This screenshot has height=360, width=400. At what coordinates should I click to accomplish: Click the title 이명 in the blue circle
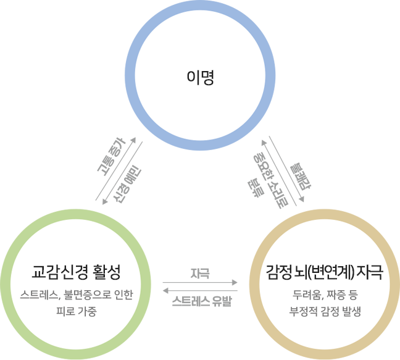tap(200, 77)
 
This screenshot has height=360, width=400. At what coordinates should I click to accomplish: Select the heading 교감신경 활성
tap(76, 273)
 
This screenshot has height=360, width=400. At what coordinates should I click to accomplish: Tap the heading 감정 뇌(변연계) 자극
tap(325, 273)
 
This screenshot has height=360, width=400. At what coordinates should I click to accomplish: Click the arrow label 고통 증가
tap(112, 157)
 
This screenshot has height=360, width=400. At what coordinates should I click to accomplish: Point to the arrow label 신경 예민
tap(127, 185)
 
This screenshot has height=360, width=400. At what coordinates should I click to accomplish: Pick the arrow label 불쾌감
tap(300, 177)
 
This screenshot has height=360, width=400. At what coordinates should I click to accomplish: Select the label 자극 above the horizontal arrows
tap(200, 274)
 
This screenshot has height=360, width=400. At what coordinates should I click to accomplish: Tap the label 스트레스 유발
tap(201, 301)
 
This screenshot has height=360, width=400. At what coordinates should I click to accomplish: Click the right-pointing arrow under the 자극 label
tap(200, 282)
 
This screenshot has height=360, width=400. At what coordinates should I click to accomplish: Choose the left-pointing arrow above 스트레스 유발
tap(200, 290)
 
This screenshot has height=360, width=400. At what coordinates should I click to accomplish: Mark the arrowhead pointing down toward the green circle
tap(104, 202)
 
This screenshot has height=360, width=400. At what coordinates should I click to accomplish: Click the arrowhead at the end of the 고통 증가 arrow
tap(133, 140)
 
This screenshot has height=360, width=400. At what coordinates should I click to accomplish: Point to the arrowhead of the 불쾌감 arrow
tap(302, 199)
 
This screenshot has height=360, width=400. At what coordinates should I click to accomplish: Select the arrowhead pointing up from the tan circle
tap(264, 143)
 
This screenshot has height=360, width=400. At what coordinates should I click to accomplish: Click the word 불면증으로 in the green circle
tap(87, 295)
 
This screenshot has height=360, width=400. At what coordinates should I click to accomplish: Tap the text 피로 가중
tap(77, 311)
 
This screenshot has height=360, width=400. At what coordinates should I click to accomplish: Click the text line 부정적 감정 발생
tap(325, 311)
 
